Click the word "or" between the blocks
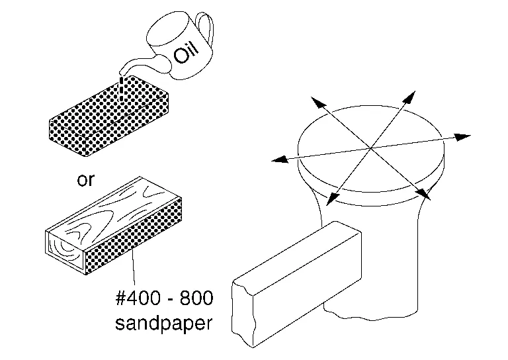coord(86,180)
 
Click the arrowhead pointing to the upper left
coord(318,103)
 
